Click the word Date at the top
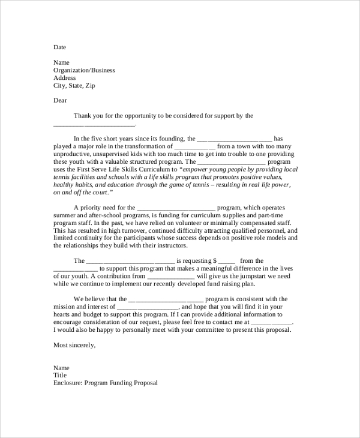point(59,47)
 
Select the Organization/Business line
point(84,70)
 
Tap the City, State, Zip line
point(74,86)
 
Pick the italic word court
point(100,193)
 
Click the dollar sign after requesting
point(215,261)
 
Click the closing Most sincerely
point(74,345)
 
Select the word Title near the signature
point(61,376)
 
